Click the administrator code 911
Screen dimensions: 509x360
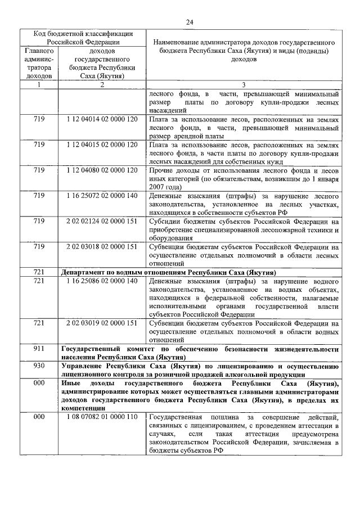(39, 349)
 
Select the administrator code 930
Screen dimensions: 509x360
(39, 366)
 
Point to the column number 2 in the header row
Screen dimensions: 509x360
(102, 85)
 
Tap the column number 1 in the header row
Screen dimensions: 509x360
(39, 85)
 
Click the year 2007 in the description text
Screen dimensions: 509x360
(158, 187)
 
